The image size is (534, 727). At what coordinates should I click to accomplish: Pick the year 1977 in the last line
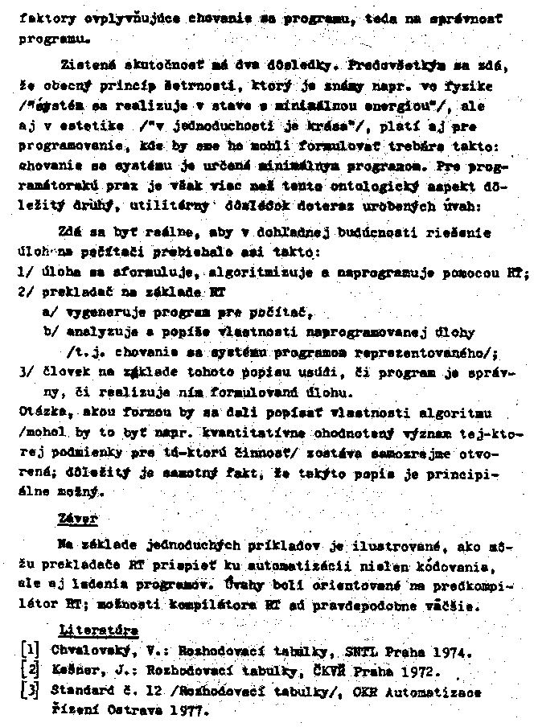pyautogui.click(x=187, y=710)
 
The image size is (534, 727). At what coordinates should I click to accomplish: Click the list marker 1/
pyautogui.click(x=24, y=273)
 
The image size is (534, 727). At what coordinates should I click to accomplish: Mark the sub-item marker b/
pyautogui.click(x=51, y=332)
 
